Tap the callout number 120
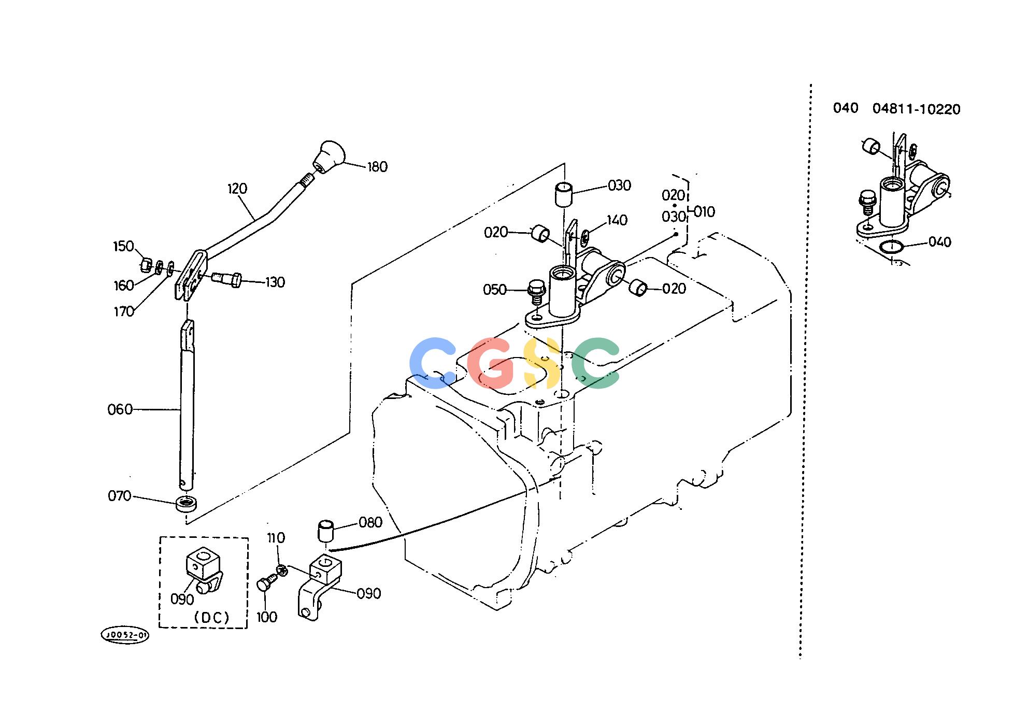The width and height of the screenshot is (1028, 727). tap(237, 189)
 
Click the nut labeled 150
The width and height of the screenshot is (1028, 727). tap(146, 266)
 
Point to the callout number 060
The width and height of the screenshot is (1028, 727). tap(120, 410)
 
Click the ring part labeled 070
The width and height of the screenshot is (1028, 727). tap(187, 504)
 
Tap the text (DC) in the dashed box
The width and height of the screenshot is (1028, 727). tap(211, 618)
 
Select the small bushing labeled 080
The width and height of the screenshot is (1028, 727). tap(324, 531)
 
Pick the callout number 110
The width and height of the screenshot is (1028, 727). tap(276, 537)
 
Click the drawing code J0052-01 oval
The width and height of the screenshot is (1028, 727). tap(124, 635)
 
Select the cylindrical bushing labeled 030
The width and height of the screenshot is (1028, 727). tap(563, 195)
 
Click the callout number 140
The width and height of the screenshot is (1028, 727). tap(617, 220)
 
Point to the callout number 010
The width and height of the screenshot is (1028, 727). tap(704, 211)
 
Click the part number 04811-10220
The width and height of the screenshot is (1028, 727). tap(916, 109)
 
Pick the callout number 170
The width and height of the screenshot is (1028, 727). tap(124, 311)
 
